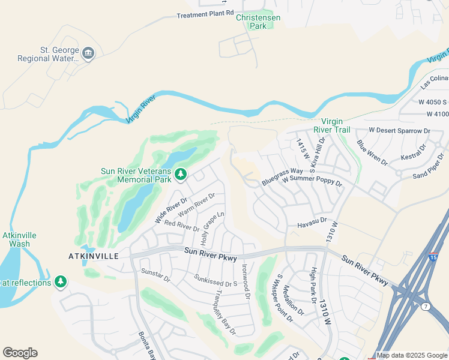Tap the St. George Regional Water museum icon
(88, 53)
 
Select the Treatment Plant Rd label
(205, 14)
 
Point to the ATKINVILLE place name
(91, 256)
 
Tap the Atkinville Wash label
(16, 239)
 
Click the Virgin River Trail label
(340, 125)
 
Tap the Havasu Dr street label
(312, 224)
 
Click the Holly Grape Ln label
(213, 229)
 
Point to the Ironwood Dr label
(245, 278)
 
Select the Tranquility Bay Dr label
(225, 312)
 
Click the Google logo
(20, 353)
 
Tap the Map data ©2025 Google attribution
(412, 355)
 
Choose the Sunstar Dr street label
(155, 275)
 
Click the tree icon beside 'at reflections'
(60, 281)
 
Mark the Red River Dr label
(181, 226)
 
